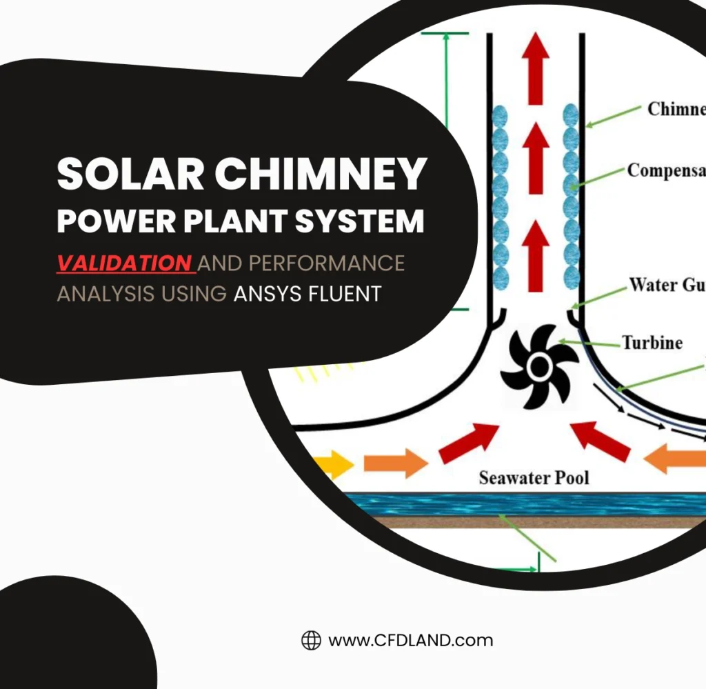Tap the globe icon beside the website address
click(312, 640)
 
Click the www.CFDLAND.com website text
click(411, 640)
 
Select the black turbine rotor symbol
click(539, 366)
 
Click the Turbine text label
click(652, 343)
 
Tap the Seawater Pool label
click(534, 477)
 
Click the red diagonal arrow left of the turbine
click(468, 443)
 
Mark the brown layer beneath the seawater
click(524, 522)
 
